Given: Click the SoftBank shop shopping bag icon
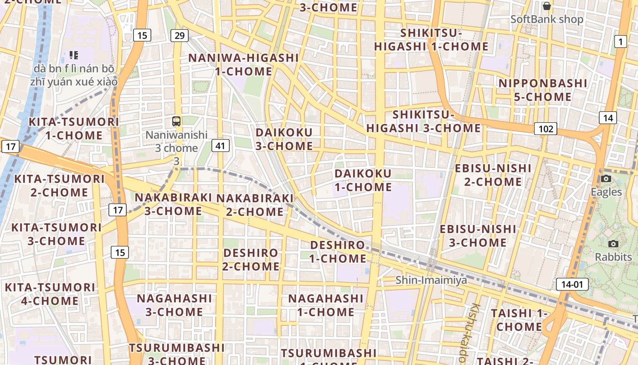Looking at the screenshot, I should [546, 6].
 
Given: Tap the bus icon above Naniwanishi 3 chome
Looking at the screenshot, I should [176, 121].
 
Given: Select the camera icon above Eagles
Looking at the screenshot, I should [606, 178].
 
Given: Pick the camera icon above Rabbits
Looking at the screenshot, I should [613, 244].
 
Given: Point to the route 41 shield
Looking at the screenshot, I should [220, 146].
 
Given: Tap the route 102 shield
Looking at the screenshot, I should [545, 129].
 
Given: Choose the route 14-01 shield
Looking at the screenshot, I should [572, 285].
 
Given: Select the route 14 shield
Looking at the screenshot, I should [608, 118].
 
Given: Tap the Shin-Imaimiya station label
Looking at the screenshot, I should [431, 280].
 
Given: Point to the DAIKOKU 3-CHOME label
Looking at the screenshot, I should [284, 139].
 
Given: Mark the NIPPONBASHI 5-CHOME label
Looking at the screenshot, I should [542, 90].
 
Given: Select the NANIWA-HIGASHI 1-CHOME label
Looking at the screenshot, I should [243, 65].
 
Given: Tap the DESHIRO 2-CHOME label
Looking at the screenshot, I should [251, 259].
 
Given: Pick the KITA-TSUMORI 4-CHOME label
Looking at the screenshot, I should [50, 294].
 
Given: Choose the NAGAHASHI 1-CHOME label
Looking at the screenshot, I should [326, 305].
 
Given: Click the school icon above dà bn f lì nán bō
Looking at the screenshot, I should [74, 55].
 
